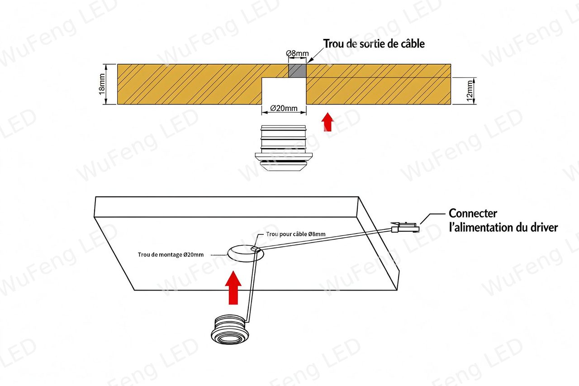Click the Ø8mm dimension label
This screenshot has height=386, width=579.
coord(297,53)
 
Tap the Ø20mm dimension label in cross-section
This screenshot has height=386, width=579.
coord(284,108)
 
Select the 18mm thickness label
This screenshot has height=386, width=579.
coord(102,84)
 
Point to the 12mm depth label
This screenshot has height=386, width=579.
coord(470,91)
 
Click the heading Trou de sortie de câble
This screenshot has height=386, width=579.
coord(374,44)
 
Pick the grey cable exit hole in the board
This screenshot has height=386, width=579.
coord(297,71)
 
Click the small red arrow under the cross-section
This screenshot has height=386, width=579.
coord(327,122)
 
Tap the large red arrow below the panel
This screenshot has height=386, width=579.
coord(233,287)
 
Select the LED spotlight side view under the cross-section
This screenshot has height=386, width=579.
coord(284,148)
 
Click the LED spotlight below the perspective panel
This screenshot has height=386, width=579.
coord(230,329)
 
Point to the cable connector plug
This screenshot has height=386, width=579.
coord(405,227)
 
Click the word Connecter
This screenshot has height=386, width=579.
coord(473,214)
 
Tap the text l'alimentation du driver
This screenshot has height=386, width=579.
coord(503,228)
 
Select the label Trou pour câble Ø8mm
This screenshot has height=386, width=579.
coord(296,234)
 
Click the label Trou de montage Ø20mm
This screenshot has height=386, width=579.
coord(171,255)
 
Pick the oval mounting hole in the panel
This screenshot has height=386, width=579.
coord(246,253)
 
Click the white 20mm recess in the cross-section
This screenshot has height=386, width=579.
coord(284,91)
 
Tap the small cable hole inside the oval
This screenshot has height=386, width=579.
coord(255,249)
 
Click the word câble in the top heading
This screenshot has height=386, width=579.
coord(413,44)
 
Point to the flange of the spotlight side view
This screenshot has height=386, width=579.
coord(284,156)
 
